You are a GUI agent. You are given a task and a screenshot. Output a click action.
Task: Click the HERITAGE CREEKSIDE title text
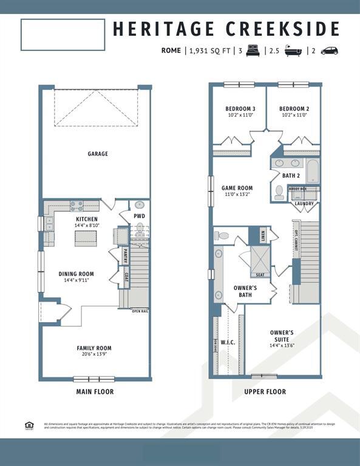[x=226, y=29]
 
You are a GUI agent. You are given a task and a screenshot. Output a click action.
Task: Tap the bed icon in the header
[x=253, y=51]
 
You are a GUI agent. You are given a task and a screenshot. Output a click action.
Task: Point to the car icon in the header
[x=329, y=51]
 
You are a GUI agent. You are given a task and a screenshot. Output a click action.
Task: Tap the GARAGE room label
[x=97, y=154]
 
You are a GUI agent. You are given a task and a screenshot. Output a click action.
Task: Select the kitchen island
[x=86, y=238]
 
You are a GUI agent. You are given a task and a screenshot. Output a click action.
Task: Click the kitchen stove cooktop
[x=76, y=206]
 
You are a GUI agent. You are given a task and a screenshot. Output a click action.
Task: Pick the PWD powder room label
[x=139, y=216]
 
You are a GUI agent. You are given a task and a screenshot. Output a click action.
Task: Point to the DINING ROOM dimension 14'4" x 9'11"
[x=76, y=281]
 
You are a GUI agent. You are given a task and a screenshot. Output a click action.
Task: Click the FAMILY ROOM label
[x=94, y=348]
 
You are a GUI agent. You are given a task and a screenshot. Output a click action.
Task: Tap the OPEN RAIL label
[x=140, y=311]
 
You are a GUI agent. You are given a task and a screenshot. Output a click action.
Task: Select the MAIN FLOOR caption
[x=95, y=392]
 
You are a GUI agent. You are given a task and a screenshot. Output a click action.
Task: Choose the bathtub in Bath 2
[x=311, y=171]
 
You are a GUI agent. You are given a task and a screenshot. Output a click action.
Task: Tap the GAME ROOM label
[x=237, y=188]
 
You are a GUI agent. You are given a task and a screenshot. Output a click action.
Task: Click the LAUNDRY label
[x=304, y=203]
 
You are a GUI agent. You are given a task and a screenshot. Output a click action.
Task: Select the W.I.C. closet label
[x=228, y=342]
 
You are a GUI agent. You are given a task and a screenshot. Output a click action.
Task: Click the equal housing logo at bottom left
[x=29, y=425]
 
